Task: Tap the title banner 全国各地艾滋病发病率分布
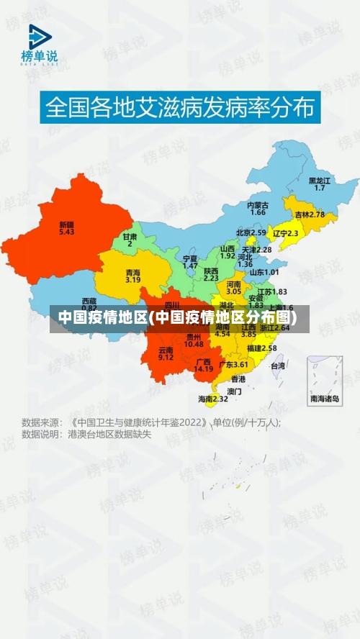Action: [180, 107]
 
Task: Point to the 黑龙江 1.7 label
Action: [320, 183]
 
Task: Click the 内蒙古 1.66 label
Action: [258, 209]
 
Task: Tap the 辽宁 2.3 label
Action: [286, 233]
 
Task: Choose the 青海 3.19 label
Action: [132, 276]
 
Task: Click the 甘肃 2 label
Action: [130, 240]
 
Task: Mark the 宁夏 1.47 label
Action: [190, 262]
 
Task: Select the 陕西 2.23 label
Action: [211, 273]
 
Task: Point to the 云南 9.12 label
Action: [166, 353]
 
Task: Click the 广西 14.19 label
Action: [204, 365]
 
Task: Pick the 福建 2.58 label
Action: [261, 348]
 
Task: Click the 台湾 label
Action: [277, 366]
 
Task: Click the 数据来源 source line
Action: [151, 422]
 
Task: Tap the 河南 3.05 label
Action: [233, 288]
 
